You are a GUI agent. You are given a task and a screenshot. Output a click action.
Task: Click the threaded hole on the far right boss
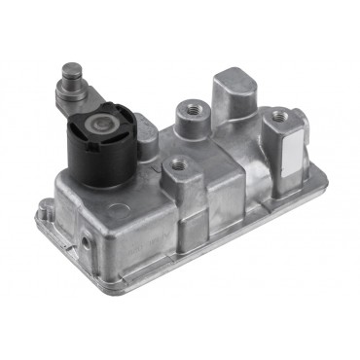tap(281, 116)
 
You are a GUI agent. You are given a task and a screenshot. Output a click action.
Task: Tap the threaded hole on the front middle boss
tap(176, 165)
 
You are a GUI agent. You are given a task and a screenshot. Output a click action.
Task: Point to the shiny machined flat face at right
tap(294, 148)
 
